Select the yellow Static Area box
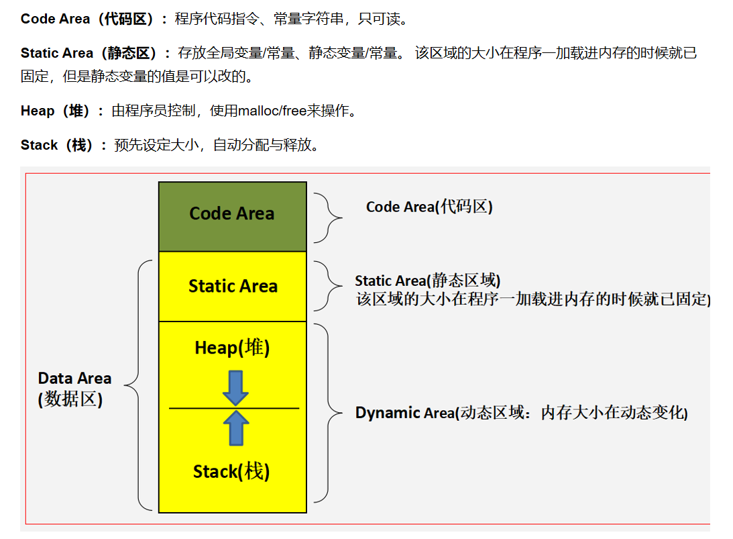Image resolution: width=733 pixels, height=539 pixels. click(x=232, y=287)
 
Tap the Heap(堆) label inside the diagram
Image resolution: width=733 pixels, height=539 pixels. click(x=232, y=348)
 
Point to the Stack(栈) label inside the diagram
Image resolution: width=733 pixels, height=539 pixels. click(x=231, y=472)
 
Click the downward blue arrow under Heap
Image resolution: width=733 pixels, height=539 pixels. click(x=235, y=388)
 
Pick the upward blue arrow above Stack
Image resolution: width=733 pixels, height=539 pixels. click(x=235, y=428)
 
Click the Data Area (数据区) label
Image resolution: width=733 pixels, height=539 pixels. click(x=74, y=389)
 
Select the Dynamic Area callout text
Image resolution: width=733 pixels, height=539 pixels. click(x=521, y=413)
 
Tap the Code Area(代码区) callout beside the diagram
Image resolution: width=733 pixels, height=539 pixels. click(x=429, y=207)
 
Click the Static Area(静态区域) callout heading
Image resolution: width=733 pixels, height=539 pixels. click(x=427, y=281)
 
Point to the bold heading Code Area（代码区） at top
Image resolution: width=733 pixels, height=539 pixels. click(x=93, y=19)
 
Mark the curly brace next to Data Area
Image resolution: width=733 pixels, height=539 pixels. click(x=139, y=386)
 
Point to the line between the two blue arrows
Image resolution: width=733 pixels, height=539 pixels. click(x=201, y=408)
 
